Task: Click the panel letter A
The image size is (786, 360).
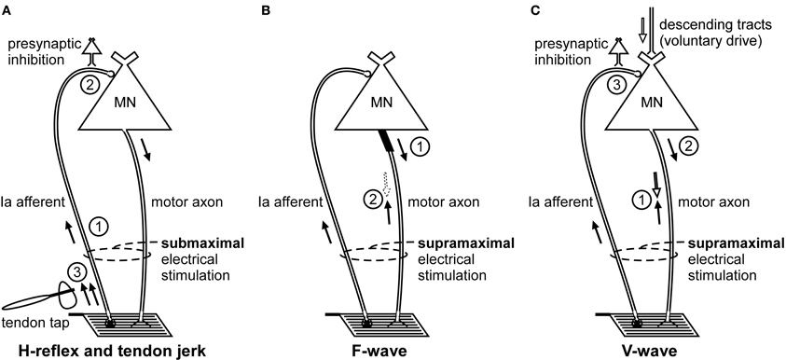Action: (x=7, y=9)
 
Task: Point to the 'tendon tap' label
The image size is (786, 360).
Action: (x=33, y=322)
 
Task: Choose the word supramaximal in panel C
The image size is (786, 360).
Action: (x=734, y=243)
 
